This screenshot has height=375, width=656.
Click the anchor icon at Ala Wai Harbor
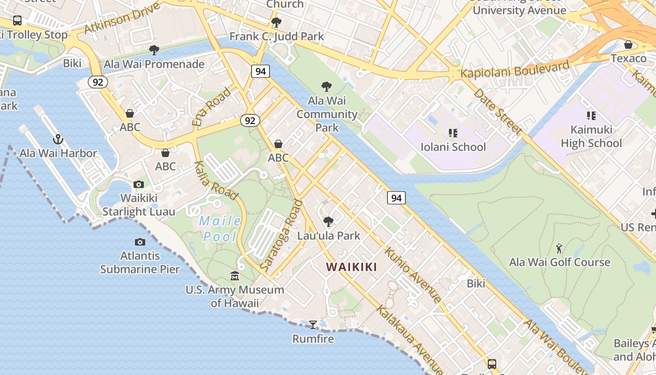coord(58,139)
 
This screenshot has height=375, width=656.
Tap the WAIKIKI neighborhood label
coord(351,267)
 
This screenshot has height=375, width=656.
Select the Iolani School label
coord(453,147)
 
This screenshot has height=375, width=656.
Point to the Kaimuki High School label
coord(591,136)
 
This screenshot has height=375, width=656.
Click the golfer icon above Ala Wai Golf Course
coord(559,248)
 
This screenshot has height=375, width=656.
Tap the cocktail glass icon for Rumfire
coord(313,324)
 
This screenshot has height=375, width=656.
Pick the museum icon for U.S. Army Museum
coord(235,276)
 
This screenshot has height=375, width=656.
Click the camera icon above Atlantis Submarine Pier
coord(140,242)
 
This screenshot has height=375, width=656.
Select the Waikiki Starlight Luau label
coord(139,205)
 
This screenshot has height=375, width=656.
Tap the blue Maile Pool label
coord(220,228)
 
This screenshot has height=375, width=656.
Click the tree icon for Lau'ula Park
coord(328,221)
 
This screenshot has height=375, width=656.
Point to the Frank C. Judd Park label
coord(276,36)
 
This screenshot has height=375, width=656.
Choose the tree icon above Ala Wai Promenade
coord(154,50)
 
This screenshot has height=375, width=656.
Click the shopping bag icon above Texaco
coord(628,45)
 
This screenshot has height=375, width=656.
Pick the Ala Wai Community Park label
coord(327,114)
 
